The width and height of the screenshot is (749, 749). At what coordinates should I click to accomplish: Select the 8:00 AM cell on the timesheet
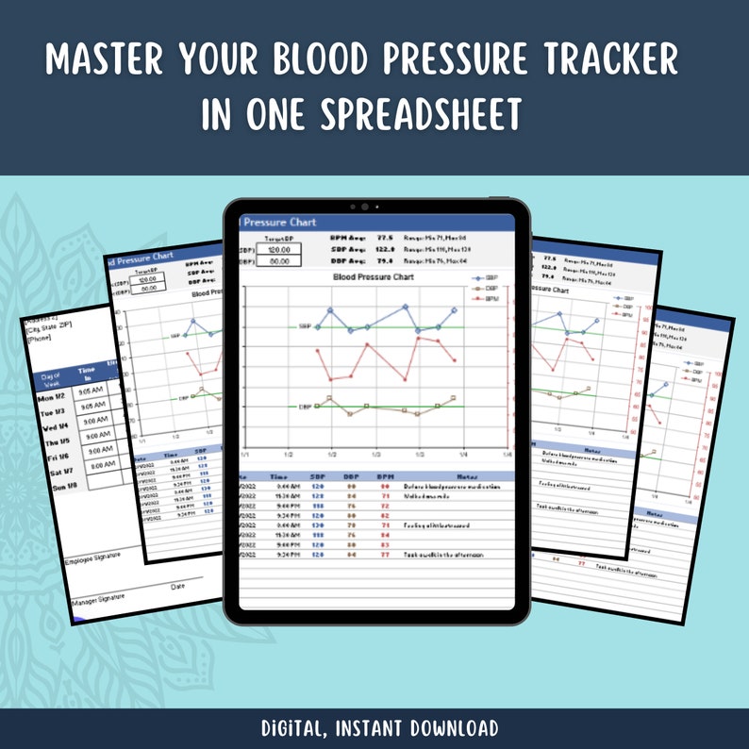[97, 465]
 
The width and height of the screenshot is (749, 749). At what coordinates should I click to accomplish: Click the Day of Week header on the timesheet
[50, 380]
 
